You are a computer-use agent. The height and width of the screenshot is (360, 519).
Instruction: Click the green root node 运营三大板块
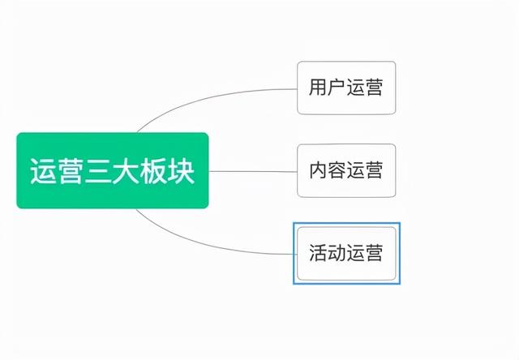tap(113, 170)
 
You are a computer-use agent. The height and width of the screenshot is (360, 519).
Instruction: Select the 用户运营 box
tap(346, 88)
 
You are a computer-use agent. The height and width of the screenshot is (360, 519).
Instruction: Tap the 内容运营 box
tap(346, 170)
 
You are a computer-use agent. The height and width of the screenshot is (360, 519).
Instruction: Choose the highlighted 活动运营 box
tap(346, 253)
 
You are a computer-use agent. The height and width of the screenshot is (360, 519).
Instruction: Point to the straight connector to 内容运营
tap(253, 171)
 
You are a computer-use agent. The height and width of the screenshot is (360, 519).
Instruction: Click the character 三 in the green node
tap(98, 171)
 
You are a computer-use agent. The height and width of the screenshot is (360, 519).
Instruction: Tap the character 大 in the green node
tap(126, 171)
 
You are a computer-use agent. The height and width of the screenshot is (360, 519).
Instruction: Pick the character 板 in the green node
tap(153, 171)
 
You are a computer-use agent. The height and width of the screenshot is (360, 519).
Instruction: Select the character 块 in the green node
tap(181, 171)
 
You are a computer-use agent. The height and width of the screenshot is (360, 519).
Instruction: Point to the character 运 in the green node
tap(43, 171)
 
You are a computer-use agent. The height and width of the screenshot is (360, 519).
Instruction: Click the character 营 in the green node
tap(71, 171)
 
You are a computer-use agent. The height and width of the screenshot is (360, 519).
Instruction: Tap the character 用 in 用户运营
tap(318, 88)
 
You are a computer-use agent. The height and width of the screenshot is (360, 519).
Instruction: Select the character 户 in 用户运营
tap(337, 88)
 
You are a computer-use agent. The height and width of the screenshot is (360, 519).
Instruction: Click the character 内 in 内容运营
tap(318, 170)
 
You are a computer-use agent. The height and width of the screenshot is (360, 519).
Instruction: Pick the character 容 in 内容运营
tap(337, 170)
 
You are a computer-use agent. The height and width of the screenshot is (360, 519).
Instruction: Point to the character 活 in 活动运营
tap(318, 253)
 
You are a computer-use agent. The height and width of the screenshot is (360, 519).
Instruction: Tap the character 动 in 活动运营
tap(337, 253)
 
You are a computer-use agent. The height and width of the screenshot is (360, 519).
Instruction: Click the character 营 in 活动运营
tap(374, 253)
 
